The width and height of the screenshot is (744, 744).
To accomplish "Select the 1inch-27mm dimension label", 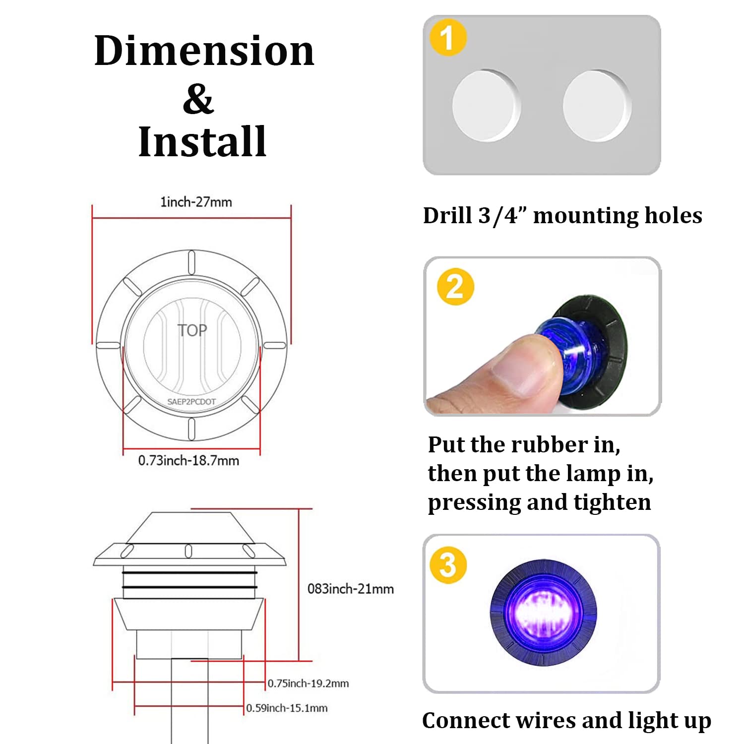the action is click(196, 202).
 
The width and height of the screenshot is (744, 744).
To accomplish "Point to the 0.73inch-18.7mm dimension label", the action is click(188, 460).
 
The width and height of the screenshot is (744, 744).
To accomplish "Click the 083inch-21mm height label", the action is click(351, 589).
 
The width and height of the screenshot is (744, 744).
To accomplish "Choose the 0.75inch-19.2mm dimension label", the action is click(308, 683).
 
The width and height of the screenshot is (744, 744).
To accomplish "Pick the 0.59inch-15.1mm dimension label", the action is click(287, 708).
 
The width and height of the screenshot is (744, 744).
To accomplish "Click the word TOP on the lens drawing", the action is click(192, 330).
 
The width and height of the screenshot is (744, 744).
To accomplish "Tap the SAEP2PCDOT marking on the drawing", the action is click(191, 402).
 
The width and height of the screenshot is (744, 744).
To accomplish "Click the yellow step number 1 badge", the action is click(448, 37).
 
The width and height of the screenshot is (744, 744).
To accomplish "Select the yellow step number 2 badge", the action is click(455, 287).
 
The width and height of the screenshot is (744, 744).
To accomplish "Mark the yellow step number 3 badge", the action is click(448, 565).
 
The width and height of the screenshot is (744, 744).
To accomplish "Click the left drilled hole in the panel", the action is click(486, 106).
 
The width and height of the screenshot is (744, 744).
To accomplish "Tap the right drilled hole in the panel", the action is click(597, 106).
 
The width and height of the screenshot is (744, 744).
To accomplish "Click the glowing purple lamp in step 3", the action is click(544, 614).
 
